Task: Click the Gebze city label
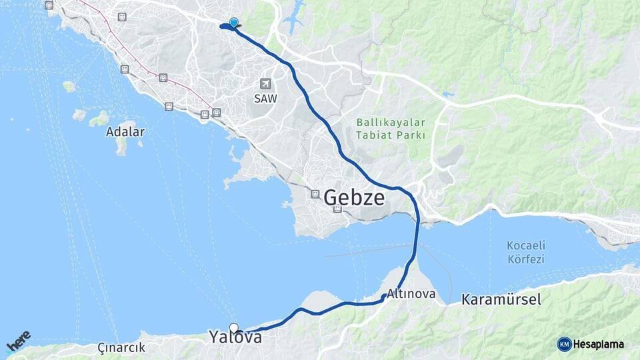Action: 354,198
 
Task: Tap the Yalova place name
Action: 235,337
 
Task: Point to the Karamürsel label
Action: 501,299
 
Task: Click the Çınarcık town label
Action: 121,347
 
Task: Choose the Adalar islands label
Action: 125,131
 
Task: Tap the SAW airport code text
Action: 266,97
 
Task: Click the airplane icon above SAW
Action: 266,84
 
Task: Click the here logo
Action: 19,341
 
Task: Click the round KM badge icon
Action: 565,344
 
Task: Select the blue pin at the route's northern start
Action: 233,23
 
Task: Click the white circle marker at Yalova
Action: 234,327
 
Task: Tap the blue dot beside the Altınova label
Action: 384,297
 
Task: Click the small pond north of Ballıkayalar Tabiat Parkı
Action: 447,95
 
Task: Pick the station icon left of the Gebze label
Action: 315,194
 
